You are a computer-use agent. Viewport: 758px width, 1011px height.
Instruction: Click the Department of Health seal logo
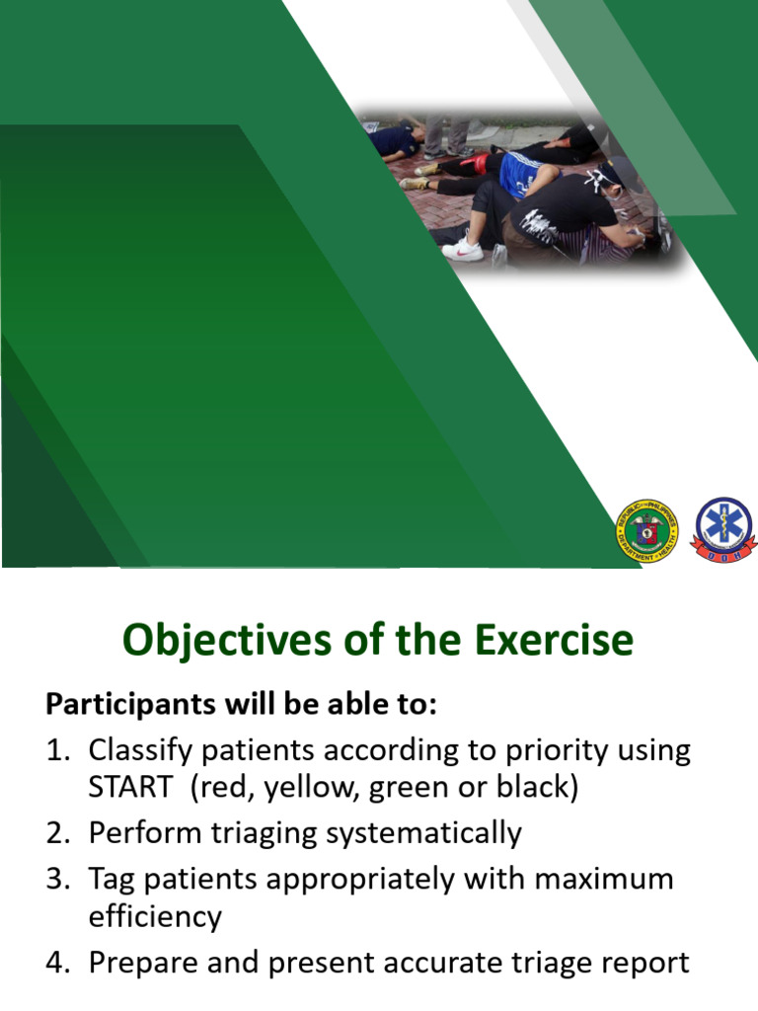point(647,530)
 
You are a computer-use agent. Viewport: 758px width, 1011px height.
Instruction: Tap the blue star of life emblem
point(722,522)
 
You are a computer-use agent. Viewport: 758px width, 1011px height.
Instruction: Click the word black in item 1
point(538,790)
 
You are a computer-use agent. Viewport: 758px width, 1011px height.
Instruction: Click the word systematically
point(423,833)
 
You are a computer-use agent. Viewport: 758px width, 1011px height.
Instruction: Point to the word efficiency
point(154,917)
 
